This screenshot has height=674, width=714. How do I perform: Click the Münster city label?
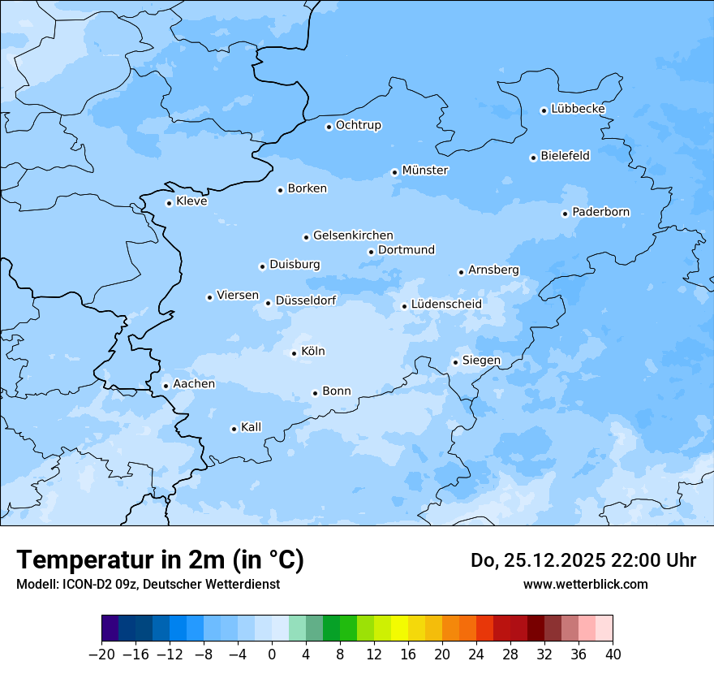tap(425, 171)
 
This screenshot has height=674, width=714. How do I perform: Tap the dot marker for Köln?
tap(294, 353)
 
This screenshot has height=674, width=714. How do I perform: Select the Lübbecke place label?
tap(578, 109)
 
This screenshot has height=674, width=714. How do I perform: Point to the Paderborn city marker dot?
tap(565, 214)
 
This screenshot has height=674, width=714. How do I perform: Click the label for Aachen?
tap(194, 384)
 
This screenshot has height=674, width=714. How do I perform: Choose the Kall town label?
tap(252, 427)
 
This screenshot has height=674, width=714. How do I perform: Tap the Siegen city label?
tap(481, 361)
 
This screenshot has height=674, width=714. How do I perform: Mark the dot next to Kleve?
tap(169, 203)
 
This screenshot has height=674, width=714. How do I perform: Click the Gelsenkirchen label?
tap(353, 235)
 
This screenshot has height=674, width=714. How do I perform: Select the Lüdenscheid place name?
tap(446, 305)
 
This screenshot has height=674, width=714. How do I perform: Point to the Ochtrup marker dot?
tap(329, 127)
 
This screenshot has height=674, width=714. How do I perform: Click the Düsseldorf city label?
tap(306, 301)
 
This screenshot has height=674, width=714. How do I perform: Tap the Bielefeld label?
tap(565, 156)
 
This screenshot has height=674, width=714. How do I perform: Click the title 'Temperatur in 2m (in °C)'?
tap(161, 560)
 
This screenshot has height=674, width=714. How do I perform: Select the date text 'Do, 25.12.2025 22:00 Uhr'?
tap(583, 560)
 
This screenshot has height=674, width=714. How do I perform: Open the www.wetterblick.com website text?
tap(585, 584)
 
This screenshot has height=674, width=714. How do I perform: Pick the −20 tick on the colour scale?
tap(102, 655)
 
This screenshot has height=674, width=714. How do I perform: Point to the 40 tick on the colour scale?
tap(613, 655)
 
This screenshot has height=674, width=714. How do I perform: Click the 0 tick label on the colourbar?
tap(272, 655)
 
